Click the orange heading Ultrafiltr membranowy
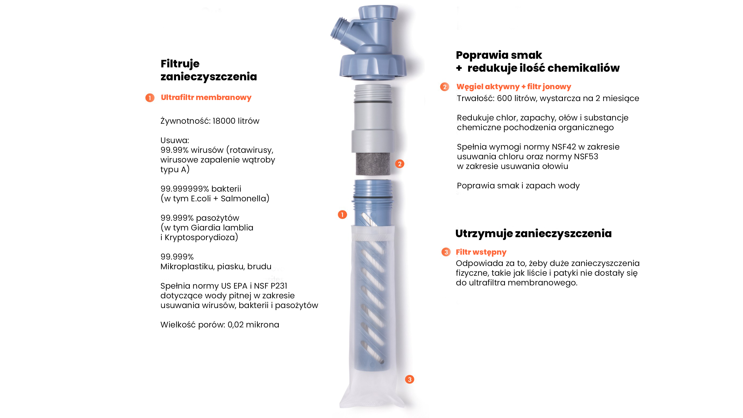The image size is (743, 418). pyautogui.click(x=206, y=98)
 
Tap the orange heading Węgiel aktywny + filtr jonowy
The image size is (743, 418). pyautogui.click(x=513, y=87)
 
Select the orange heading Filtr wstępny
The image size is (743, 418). pyautogui.click(x=481, y=252)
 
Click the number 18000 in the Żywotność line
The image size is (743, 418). pyautogui.click(x=224, y=121)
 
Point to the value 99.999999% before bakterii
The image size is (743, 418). pyautogui.click(x=185, y=189)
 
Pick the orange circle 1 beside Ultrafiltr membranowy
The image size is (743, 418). pyautogui.click(x=150, y=98)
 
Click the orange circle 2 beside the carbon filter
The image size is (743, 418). pyautogui.click(x=400, y=164)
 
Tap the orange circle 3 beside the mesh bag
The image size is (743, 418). pyautogui.click(x=409, y=379)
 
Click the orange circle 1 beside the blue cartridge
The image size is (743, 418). pyautogui.click(x=342, y=215)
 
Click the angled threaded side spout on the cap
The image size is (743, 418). pyautogui.click(x=340, y=29)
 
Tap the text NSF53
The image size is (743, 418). pyautogui.click(x=586, y=157)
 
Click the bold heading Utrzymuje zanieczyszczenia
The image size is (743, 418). pyautogui.click(x=533, y=233)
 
